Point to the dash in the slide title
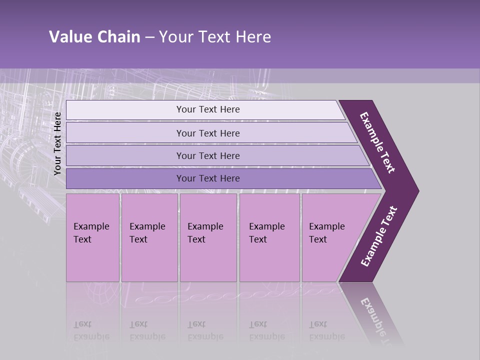tap(149, 37)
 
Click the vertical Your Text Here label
tap(57, 144)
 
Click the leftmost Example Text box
tap(92, 237)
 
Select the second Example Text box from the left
tap(149, 237)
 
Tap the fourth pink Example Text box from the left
tap(269, 237)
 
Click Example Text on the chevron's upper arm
tap(377, 142)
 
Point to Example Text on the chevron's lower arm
tap(378, 236)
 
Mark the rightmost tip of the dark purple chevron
tap(418, 191)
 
